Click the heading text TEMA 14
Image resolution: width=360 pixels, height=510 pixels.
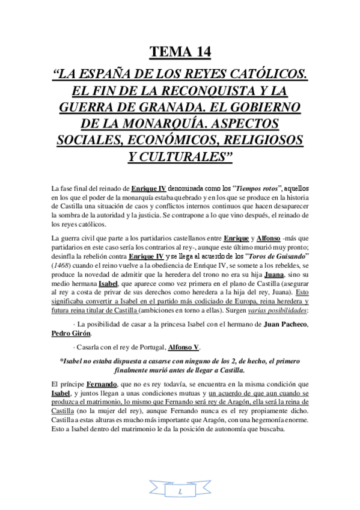[x=180, y=53]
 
